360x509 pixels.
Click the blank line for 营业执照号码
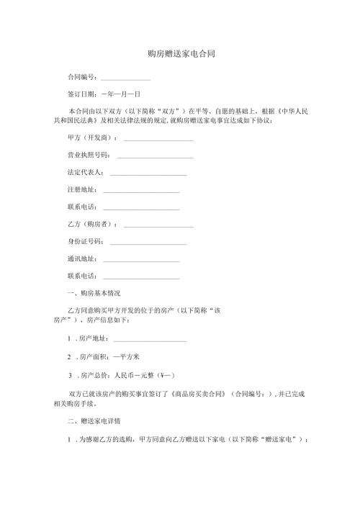point(154,156)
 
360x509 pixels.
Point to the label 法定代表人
point(85,174)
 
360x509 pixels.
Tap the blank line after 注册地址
point(141,192)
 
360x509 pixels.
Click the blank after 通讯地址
point(141,260)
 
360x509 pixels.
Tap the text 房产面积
point(93,357)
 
